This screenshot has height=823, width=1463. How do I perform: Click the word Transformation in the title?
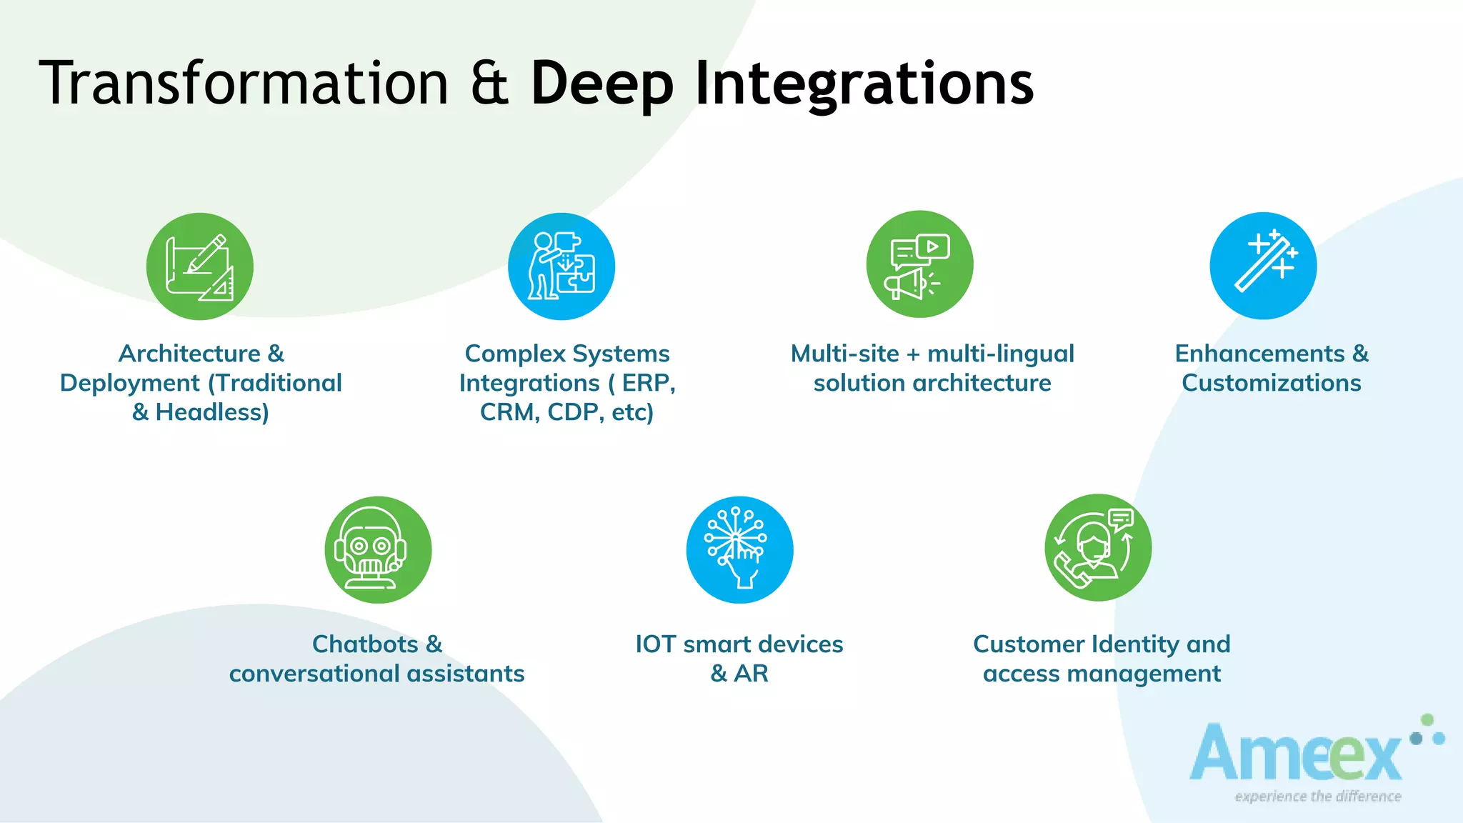click(x=243, y=84)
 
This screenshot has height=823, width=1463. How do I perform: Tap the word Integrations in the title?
click(x=864, y=84)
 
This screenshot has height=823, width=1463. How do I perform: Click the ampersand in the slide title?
click(x=490, y=84)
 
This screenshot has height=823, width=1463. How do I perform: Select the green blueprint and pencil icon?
click(x=200, y=266)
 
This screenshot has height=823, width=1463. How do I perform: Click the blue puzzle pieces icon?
click(x=561, y=266)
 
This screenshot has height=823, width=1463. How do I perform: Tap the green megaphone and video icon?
click(x=919, y=264)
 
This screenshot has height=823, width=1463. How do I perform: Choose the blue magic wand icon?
click(x=1263, y=266)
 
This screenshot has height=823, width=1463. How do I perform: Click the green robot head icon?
click(x=378, y=549)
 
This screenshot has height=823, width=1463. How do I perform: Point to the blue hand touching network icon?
click(x=739, y=549)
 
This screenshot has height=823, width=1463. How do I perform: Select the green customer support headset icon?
click(x=1098, y=547)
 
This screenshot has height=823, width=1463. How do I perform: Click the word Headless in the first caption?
click(x=212, y=412)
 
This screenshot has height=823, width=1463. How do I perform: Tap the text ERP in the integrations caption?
click(x=646, y=383)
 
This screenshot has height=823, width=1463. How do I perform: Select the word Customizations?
click(x=1271, y=383)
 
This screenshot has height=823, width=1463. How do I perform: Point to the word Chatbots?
click(x=365, y=644)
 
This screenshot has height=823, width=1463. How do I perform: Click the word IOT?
click(x=655, y=644)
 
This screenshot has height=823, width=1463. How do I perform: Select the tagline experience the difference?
click(x=1317, y=796)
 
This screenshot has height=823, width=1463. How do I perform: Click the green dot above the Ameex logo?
click(x=1427, y=719)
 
